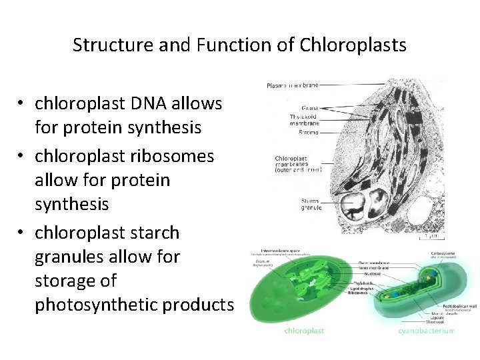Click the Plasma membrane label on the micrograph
click(x=292, y=85)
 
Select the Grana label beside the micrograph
click(x=309, y=107)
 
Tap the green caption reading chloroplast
click(x=304, y=330)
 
